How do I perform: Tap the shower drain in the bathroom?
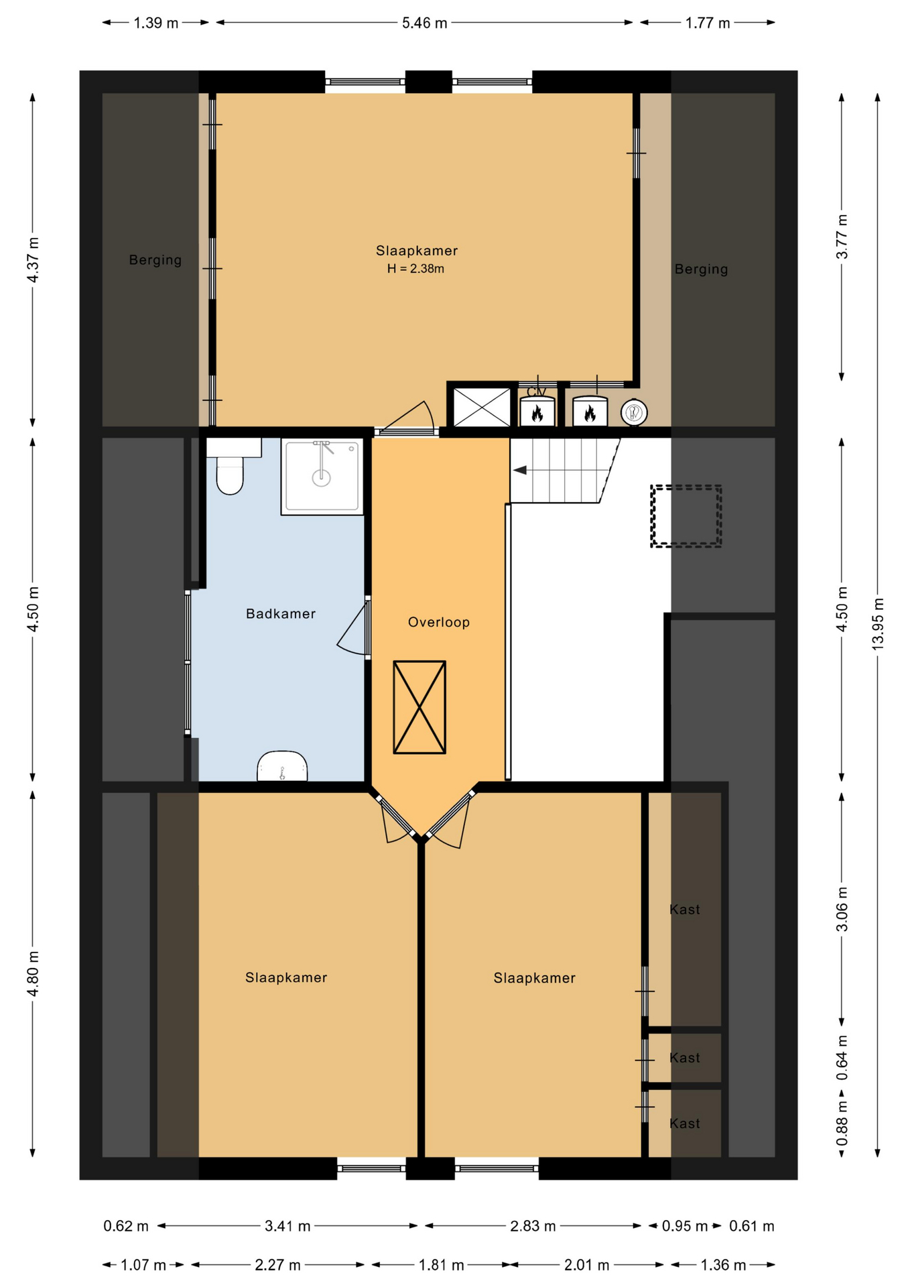pyautogui.click(x=322, y=478)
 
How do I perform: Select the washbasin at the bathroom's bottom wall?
pyautogui.click(x=282, y=765)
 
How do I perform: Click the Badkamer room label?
pyautogui.click(x=281, y=613)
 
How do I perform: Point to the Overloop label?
pyautogui.click(x=439, y=622)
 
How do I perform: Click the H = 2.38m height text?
pyautogui.click(x=415, y=269)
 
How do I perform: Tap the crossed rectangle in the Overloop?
pyautogui.click(x=419, y=707)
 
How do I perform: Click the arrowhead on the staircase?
pyautogui.click(x=520, y=471)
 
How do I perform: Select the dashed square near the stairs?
pyautogui.click(x=686, y=516)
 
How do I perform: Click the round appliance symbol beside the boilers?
pyautogui.click(x=634, y=412)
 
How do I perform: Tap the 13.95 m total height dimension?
pyautogui.click(x=878, y=623)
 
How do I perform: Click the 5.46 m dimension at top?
pyautogui.click(x=424, y=23)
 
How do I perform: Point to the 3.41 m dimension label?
pyautogui.click(x=287, y=1226)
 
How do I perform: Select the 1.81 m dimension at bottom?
pyautogui.click(x=441, y=1265)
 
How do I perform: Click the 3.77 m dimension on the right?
pyautogui.click(x=842, y=237)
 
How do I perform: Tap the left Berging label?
pyautogui.click(x=155, y=260)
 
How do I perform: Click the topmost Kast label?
pyautogui.click(x=685, y=910)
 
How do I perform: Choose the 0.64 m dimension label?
pyautogui.click(x=842, y=1058)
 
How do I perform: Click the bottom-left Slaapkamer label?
pyautogui.click(x=286, y=977)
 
